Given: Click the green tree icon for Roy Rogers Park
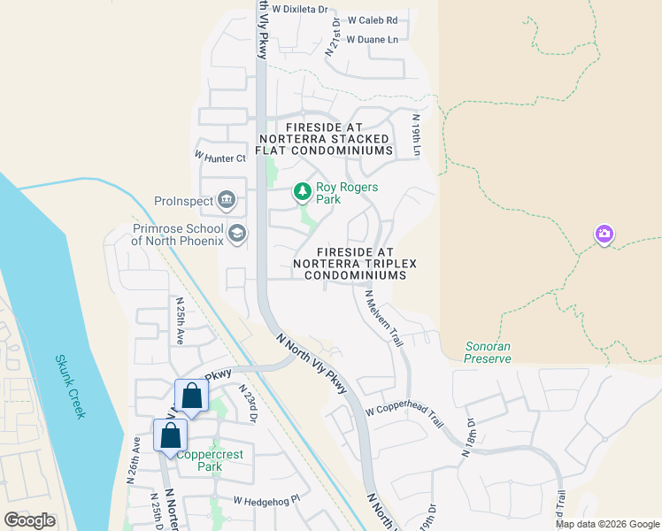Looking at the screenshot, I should click(x=303, y=191).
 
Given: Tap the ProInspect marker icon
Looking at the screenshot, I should click(x=226, y=199).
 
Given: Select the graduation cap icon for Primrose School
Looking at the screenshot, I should click(x=235, y=233).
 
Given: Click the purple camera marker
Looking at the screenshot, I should click(x=604, y=234).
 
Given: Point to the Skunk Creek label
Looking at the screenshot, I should click(x=71, y=387).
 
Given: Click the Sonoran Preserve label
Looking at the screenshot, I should click(x=488, y=352).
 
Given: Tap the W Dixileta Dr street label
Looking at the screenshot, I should click(x=299, y=9).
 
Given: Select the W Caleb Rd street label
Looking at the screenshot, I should click(x=372, y=19).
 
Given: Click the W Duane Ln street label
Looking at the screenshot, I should click(x=372, y=40).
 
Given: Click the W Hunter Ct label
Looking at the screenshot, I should click(x=219, y=158).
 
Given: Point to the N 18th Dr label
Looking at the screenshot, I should click(x=468, y=439).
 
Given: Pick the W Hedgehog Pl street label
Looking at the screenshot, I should click(x=267, y=501).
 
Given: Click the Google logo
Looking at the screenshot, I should click(x=29, y=520).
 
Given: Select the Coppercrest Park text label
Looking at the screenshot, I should click(x=210, y=460).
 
